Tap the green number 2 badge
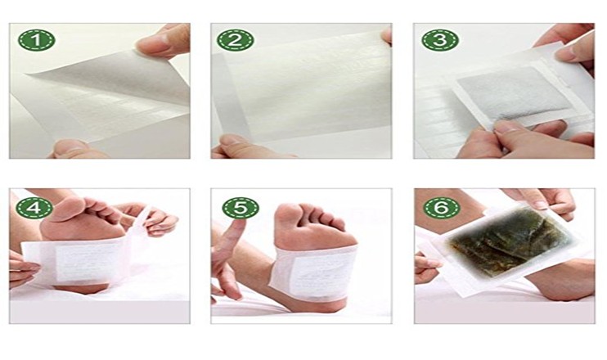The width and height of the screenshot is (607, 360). (x=232, y=41)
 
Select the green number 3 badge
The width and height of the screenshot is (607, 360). (x=440, y=41)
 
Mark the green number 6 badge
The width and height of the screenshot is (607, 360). (x=440, y=208)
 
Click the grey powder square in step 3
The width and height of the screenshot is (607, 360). (x=513, y=97)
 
